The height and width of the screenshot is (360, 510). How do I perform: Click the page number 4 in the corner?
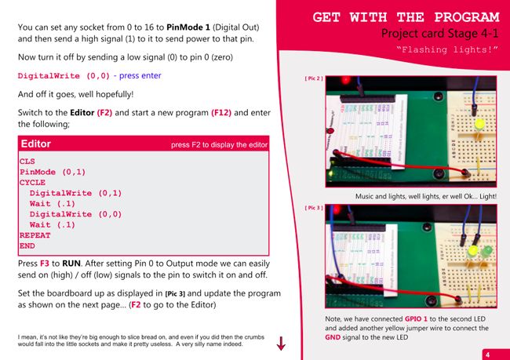tap(487, 355)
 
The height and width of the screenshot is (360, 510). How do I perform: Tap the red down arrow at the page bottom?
tap(281, 344)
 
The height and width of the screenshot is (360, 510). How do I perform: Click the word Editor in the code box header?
tap(36, 144)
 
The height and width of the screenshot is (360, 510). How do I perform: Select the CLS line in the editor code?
tap(27, 162)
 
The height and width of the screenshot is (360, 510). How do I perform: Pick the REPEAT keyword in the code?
tap(35, 235)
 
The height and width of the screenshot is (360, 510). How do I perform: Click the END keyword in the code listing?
tap(27, 245)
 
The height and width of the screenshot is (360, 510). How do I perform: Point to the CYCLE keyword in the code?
tap(32, 183)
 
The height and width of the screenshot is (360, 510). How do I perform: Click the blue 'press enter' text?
tap(140, 76)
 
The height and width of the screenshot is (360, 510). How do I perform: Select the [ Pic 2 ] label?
tap(314, 78)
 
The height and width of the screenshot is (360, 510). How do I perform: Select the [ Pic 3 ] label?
tap(314, 208)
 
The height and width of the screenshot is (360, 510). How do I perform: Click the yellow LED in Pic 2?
tap(479, 125)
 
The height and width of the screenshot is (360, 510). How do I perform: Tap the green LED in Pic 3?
tap(486, 252)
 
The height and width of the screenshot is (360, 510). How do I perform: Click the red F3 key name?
tap(45, 263)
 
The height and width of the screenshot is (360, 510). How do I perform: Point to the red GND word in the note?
tap(333, 337)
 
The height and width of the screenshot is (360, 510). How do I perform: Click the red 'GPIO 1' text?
tap(416, 319)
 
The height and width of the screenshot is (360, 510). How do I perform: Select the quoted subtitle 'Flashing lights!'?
tap(447, 50)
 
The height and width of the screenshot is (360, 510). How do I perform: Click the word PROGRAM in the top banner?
tap(467, 17)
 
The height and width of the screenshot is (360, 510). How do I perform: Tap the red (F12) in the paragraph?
tap(221, 113)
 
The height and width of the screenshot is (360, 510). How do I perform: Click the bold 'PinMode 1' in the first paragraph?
tap(188, 27)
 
